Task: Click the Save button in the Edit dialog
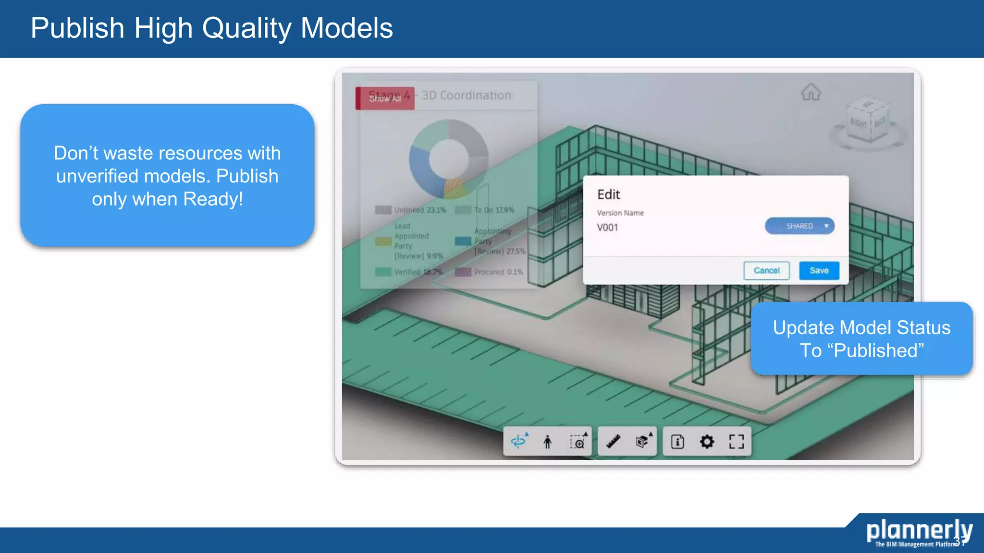point(819,271)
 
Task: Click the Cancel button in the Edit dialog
point(766,271)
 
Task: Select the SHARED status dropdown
point(799,226)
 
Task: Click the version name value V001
point(608,228)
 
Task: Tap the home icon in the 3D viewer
point(811,92)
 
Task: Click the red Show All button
point(385,98)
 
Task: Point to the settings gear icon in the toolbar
point(707,442)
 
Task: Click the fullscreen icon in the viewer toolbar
point(736,442)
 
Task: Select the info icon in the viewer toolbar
point(677,442)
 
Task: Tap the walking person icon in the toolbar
point(547,442)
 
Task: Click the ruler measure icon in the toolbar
point(613,442)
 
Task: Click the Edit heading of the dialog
point(609,194)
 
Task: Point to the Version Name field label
point(620,213)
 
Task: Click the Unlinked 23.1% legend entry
point(411,210)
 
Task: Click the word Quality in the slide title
point(246,28)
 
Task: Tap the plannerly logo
point(919,532)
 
